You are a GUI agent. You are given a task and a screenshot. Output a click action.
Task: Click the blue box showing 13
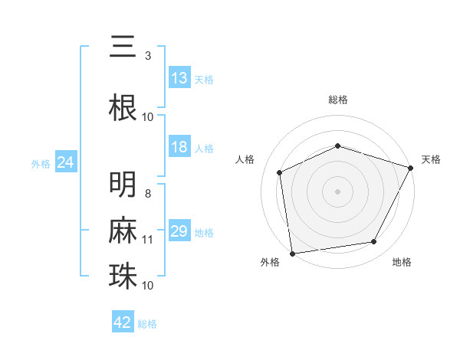point(179,77)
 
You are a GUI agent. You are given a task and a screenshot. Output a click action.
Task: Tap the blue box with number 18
point(179,147)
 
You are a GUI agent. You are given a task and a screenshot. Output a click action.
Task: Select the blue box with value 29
point(179,231)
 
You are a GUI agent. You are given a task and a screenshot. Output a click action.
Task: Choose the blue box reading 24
point(65,162)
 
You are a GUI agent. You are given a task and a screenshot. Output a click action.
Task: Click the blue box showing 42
point(123,322)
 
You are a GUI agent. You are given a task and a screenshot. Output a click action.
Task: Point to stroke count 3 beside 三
point(147,56)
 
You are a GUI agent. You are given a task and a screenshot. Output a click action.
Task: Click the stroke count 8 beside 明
point(147,194)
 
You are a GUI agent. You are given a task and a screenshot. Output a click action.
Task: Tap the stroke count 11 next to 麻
point(148,240)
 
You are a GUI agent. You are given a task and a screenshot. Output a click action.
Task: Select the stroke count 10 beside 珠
point(148,285)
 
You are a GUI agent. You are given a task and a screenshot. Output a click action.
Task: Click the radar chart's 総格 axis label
point(338,100)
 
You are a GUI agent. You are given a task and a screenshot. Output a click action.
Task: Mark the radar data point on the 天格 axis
point(411,167)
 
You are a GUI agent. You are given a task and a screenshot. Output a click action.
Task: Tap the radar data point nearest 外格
point(292,253)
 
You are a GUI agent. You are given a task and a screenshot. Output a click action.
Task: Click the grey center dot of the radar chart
point(338,191)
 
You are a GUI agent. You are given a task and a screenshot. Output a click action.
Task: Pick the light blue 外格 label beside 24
point(41,163)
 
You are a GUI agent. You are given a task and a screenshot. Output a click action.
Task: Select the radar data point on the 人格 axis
point(280,172)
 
